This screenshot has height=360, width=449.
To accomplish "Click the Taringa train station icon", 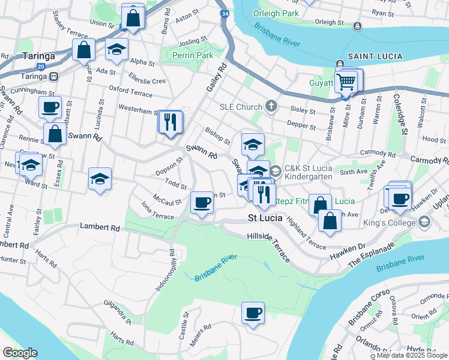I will (54, 76).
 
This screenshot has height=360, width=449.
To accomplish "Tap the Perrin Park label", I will (193, 55).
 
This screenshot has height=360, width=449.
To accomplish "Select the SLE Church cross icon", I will (271, 107).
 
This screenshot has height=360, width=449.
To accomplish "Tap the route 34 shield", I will (224, 13).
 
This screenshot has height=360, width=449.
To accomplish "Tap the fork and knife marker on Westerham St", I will (171, 122).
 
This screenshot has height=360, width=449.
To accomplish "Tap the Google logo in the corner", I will (20, 353).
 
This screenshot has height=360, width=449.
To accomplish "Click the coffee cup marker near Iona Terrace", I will (202, 202).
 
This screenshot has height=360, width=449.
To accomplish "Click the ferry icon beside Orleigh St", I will (358, 26).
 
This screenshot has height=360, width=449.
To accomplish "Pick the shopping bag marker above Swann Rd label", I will (55, 134).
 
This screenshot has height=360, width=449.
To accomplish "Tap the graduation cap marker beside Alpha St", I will (116, 50).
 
